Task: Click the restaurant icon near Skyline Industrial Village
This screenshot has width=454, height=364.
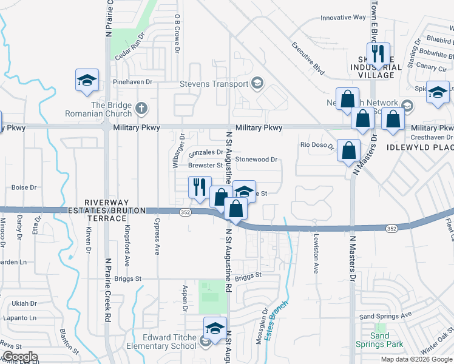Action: click(378, 53)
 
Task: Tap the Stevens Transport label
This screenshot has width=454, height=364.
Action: click(215, 84)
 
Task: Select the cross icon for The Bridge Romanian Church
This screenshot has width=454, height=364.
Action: click(141, 109)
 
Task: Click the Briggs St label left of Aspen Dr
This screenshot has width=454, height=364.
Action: click(129, 278)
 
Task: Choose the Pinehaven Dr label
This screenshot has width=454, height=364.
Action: click(132, 81)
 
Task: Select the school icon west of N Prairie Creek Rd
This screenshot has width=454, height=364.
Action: click(87, 79)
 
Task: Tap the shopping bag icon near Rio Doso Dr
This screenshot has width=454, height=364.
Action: click(348, 151)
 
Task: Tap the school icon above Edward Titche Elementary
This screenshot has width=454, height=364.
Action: click(214, 328)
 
